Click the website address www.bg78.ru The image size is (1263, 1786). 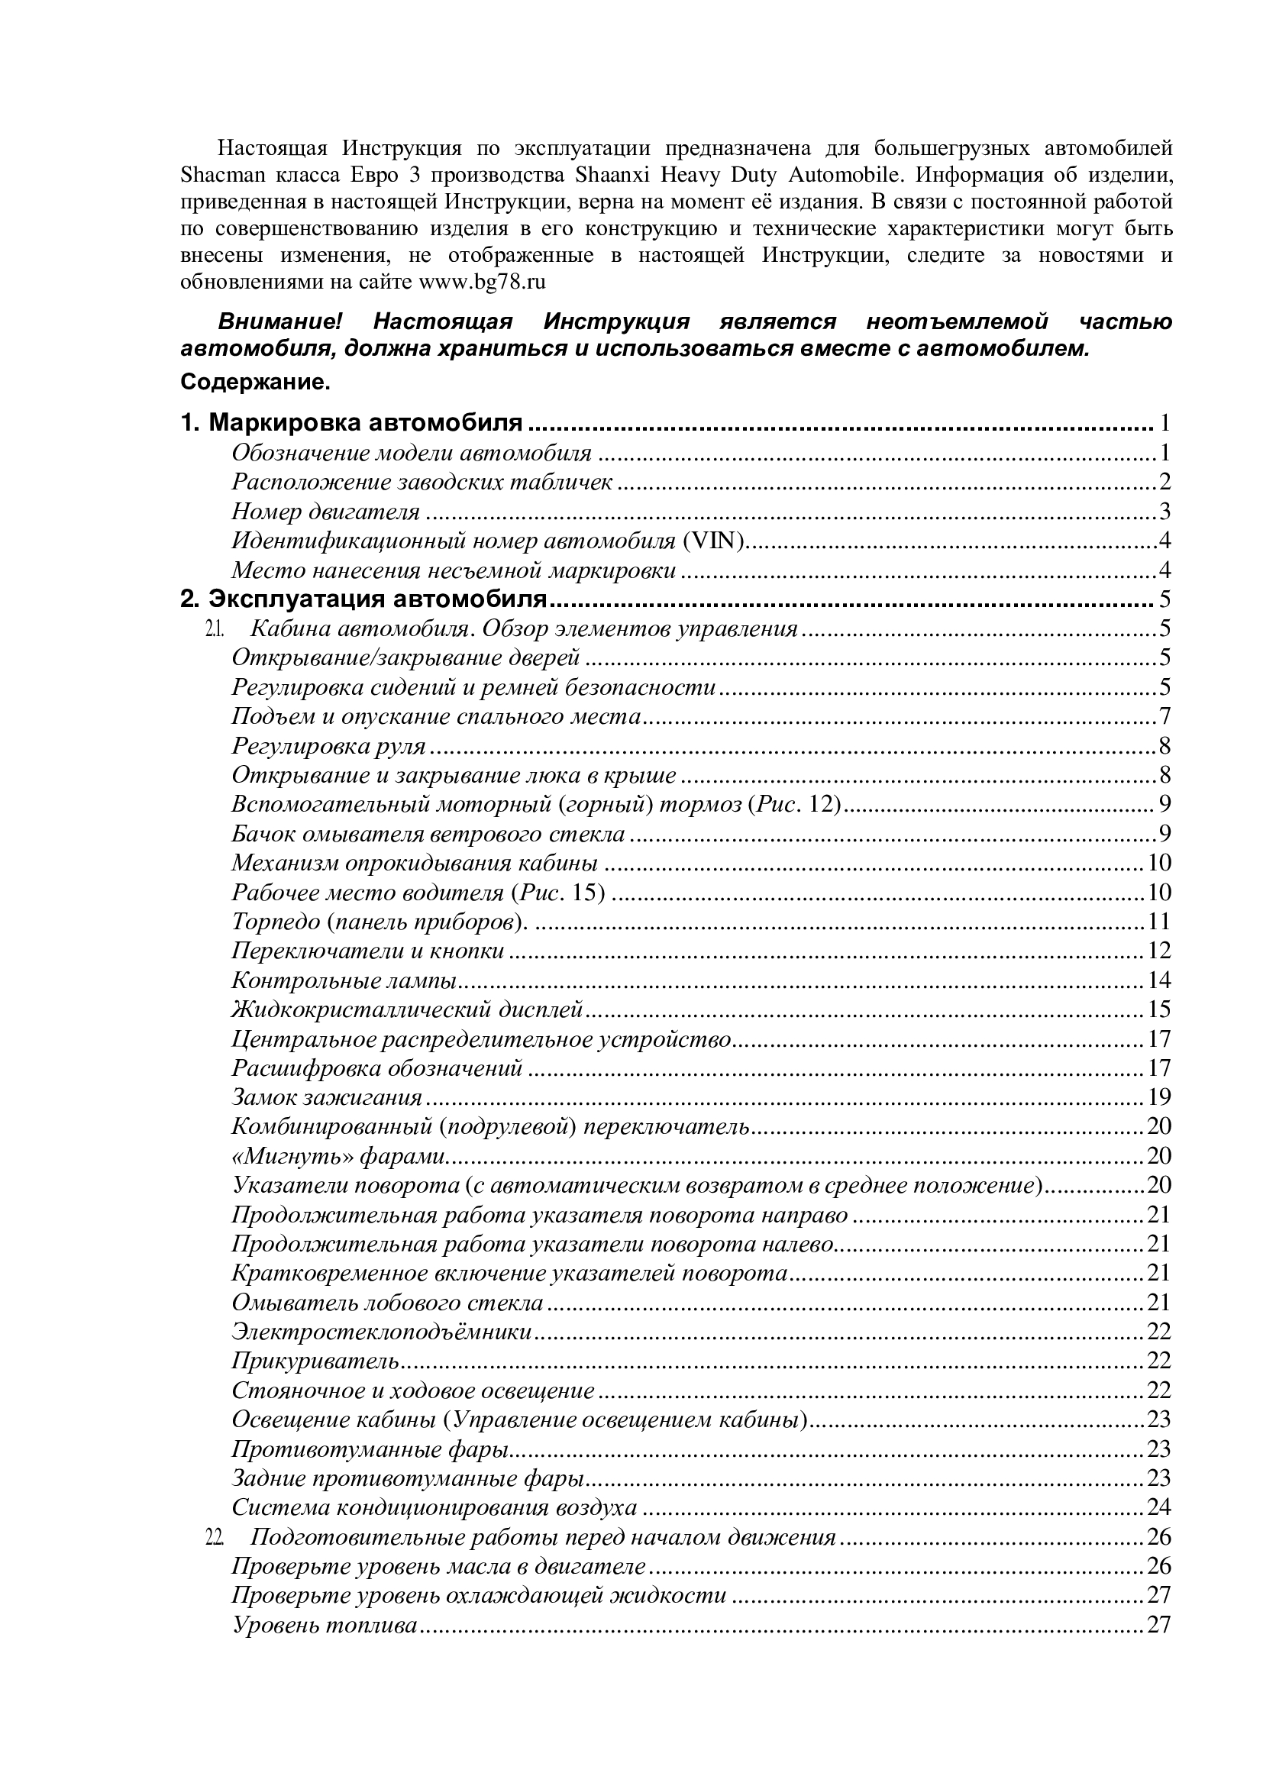pos(482,282)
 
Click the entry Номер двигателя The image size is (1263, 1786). pos(325,512)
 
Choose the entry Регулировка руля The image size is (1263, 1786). pos(328,746)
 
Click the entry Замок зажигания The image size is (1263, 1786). pos(327,1097)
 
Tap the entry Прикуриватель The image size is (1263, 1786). pos(315,1361)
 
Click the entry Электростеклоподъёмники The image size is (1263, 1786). pos(382,1332)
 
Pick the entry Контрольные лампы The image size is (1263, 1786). pos(344,980)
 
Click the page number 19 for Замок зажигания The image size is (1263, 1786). pos(1159,1097)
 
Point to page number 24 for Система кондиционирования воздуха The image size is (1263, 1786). pos(1159,1507)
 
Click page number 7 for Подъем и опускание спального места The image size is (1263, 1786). pos(1164,716)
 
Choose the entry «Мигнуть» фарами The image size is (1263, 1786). pos(338,1156)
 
